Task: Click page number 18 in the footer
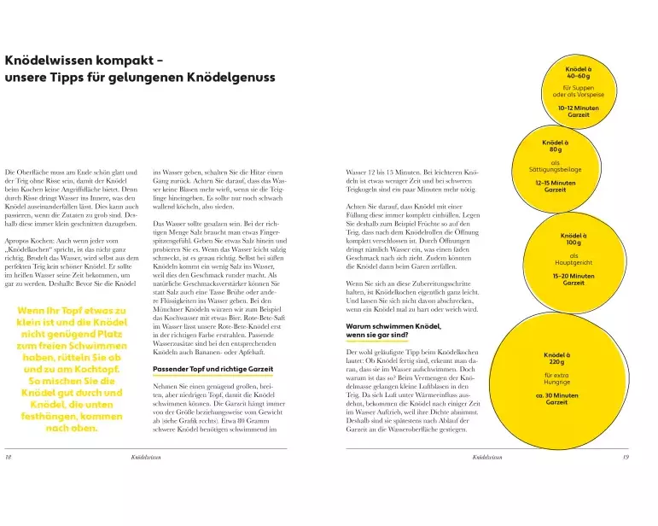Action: [x=9, y=458]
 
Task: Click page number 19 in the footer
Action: [x=626, y=458]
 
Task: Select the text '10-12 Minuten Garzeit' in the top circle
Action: [x=578, y=111]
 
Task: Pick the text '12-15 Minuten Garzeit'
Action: [x=555, y=186]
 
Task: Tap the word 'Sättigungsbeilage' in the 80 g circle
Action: [x=556, y=170]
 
